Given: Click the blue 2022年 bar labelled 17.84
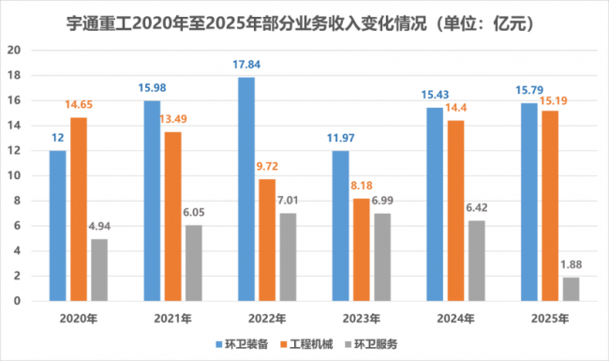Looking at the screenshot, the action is (246, 189).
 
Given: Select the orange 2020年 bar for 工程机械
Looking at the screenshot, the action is (79, 209).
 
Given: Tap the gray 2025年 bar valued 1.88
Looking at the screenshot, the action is (571, 289).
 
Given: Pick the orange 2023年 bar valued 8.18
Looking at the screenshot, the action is (362, 249).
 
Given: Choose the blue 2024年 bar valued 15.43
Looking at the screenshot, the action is (435, 204).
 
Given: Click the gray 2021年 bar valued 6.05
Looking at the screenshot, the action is (193, 263).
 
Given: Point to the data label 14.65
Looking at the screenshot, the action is (79, 104).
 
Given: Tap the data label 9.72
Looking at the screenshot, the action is (267, 166).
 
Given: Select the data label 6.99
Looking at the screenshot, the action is (382, 201).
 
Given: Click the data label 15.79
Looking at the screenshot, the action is (529, 90).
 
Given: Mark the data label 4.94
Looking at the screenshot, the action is (99, 226).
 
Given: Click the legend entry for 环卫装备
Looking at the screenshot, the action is (242, 344).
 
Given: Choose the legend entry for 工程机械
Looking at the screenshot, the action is (306, 344).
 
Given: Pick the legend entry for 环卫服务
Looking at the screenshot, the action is (371, 344).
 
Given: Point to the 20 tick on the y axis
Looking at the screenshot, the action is (14, 50).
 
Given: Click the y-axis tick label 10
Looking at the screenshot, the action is (14, 175).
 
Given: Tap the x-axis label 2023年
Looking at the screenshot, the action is (362, 319).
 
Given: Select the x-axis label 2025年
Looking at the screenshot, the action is (550, 319).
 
